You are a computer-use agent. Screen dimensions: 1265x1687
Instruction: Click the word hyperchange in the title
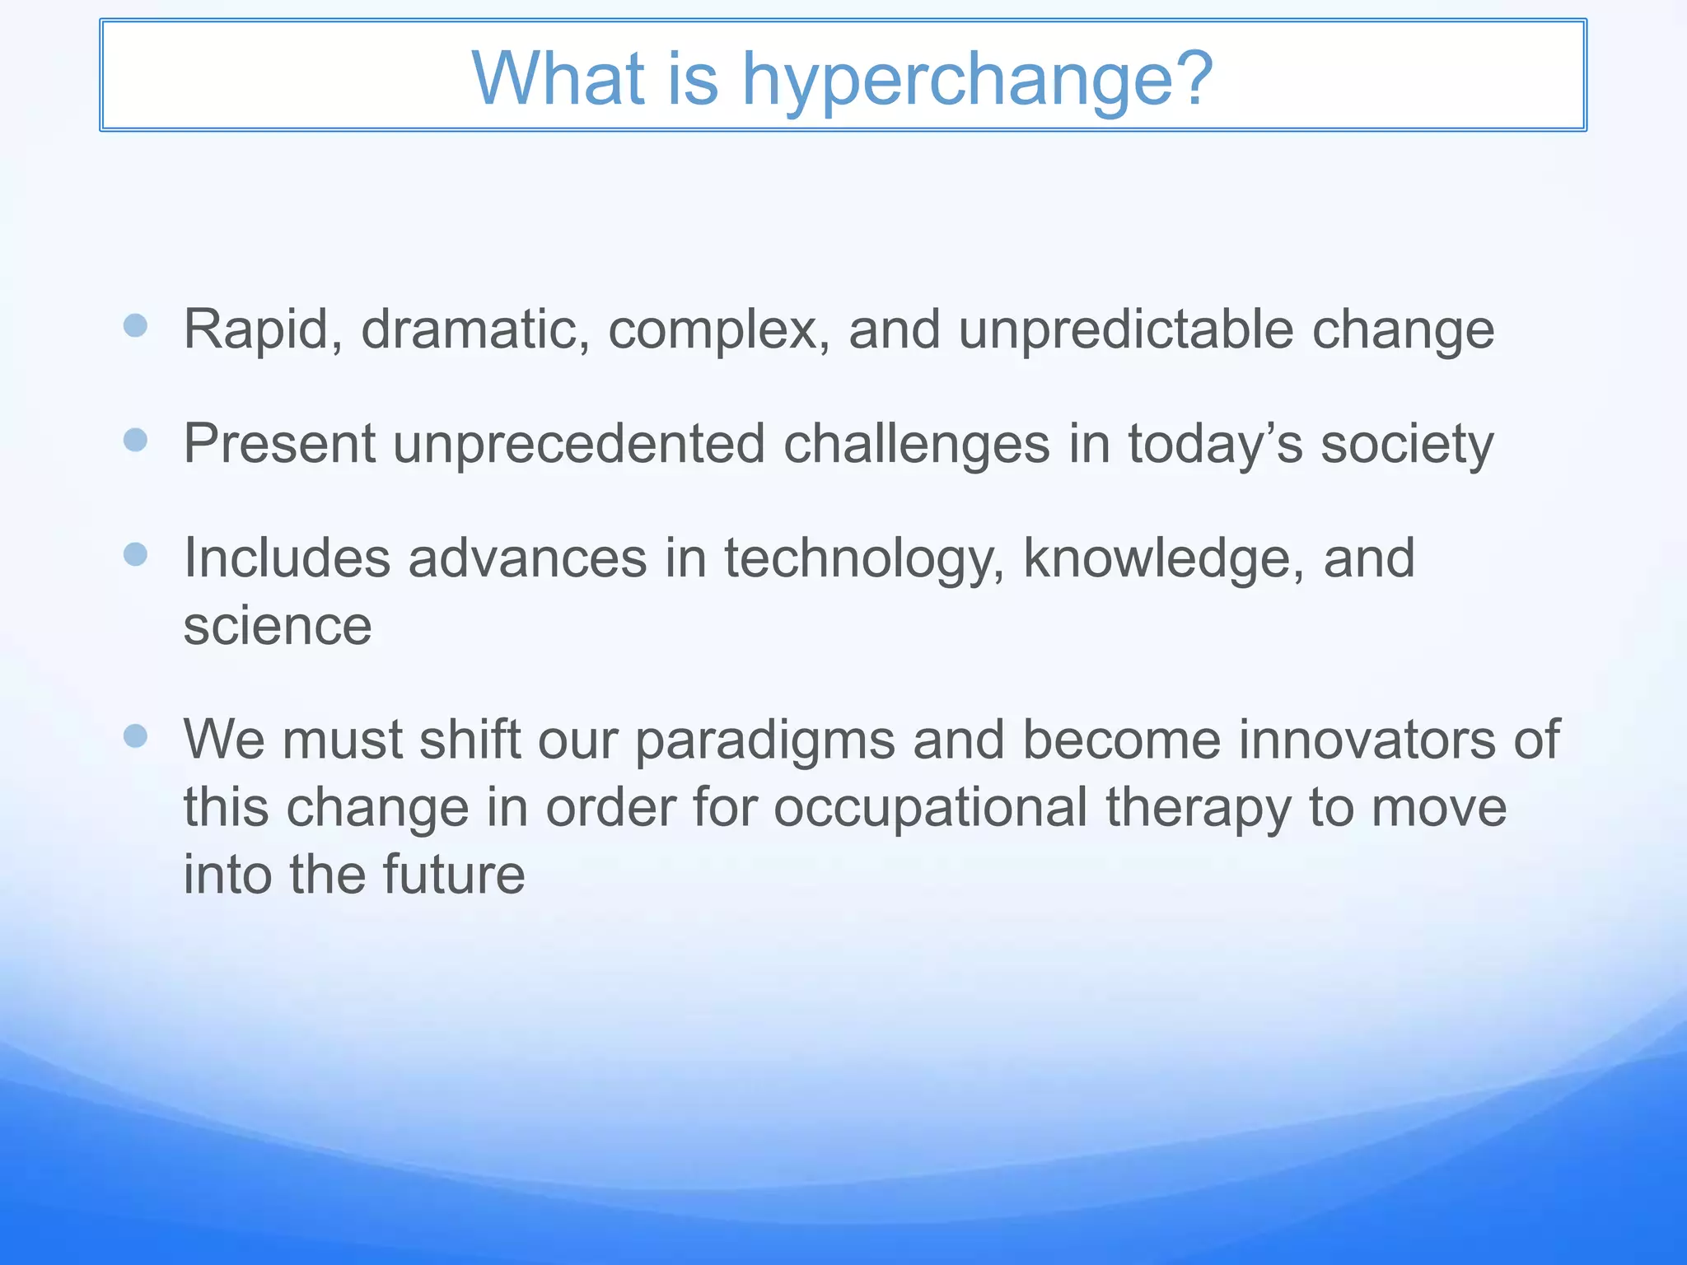[x=977, y=80]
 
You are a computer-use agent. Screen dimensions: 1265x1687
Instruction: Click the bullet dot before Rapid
[x=135, y=325]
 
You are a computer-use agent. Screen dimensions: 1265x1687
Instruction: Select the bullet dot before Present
[x=135, y=440]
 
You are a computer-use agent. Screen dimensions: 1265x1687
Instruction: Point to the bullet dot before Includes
[x=135, y=554]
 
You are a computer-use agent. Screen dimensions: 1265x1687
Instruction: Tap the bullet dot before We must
[x=135, y=735]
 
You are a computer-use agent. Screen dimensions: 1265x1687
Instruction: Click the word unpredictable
[x=1126, y=330]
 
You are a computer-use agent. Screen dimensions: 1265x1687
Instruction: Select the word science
[x=278, y=627]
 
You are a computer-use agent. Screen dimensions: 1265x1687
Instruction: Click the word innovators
[x=1366, y=740]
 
